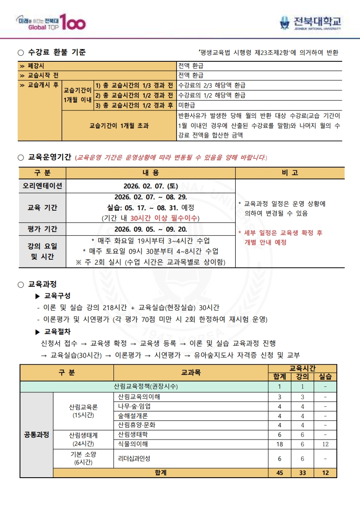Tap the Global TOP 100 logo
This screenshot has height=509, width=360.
coord(50,22)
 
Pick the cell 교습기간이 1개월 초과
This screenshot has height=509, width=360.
coord(119,125)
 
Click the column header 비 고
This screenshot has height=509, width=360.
coord(290,173)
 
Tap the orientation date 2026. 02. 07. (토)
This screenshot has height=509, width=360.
coord(150,186)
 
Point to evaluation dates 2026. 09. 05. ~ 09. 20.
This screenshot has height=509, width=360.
coord(150,229)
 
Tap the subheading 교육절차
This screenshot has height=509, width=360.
coord(57,331)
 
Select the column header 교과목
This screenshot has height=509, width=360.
coord(191,372)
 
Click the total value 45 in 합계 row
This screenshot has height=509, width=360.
coord(280,472)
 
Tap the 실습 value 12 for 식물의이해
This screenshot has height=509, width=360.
coord(325,444)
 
